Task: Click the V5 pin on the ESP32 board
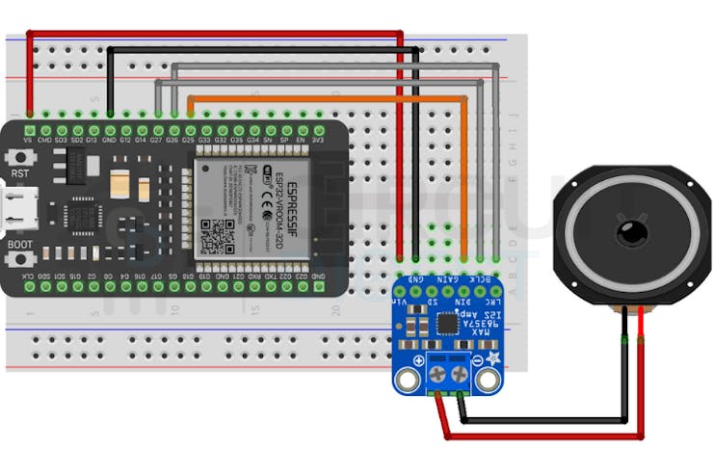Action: [29, 129]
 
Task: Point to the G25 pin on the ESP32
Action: [189, 129]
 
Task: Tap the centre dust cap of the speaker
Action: [631, 231]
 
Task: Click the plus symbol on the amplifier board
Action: [418, 360]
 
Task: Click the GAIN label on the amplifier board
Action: [448, 279]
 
